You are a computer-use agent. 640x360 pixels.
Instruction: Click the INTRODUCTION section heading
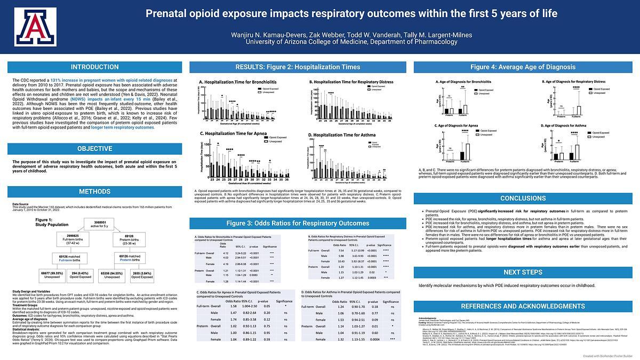coord(95,67)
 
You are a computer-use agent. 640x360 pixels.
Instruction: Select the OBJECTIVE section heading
coord(95,149)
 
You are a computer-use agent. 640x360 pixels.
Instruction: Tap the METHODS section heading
coord(95,192)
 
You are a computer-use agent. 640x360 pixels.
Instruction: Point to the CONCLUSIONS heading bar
coord(523,198)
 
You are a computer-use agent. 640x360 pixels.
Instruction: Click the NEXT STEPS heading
coord(523,273)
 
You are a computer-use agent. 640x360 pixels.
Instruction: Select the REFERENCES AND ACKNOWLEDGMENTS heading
coord(523,307)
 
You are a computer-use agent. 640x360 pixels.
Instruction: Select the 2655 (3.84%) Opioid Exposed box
coord(142,275)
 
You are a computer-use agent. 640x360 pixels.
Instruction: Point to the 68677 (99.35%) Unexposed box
coord(52,275)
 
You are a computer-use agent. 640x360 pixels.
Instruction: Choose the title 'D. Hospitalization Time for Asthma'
coord(342,135)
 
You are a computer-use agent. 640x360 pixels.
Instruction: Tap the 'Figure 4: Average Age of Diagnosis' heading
coord(523,67)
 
